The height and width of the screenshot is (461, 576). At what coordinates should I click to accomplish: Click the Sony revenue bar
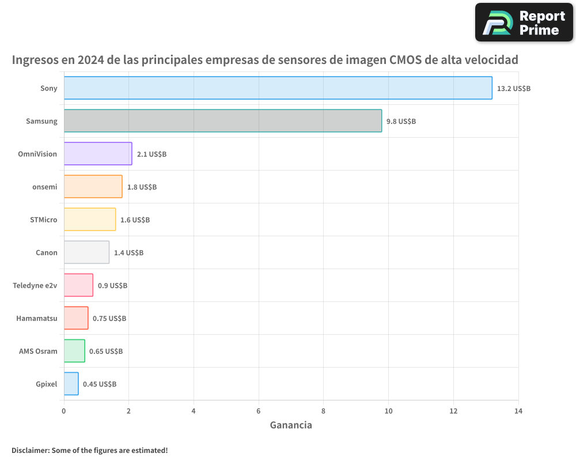278,88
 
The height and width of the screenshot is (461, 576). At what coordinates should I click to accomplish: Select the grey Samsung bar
222,121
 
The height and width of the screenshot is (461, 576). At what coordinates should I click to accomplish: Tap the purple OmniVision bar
98,154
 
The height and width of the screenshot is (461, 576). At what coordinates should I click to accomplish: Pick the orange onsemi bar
93,187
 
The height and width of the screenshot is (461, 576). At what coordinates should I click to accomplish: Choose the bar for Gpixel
71,384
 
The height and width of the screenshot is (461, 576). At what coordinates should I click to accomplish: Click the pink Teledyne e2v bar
78,285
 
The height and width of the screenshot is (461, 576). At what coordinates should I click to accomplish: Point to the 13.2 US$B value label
513,89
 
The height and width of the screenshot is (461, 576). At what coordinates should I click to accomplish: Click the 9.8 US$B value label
401,122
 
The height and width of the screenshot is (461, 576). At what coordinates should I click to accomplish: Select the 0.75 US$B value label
109,319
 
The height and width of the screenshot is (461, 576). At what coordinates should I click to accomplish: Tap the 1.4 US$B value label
128,253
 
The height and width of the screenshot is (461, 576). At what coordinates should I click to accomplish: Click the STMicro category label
44,220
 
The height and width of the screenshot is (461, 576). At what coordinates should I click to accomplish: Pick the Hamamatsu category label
37,318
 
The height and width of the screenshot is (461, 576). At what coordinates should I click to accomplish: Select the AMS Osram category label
38,351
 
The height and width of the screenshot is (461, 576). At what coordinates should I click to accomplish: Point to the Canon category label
47,252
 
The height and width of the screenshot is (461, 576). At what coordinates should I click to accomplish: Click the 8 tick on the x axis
324,411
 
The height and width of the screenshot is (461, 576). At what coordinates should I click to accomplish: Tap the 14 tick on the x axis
518,411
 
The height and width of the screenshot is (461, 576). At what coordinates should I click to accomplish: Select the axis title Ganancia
291,425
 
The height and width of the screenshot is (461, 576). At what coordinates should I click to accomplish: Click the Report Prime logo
524,22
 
